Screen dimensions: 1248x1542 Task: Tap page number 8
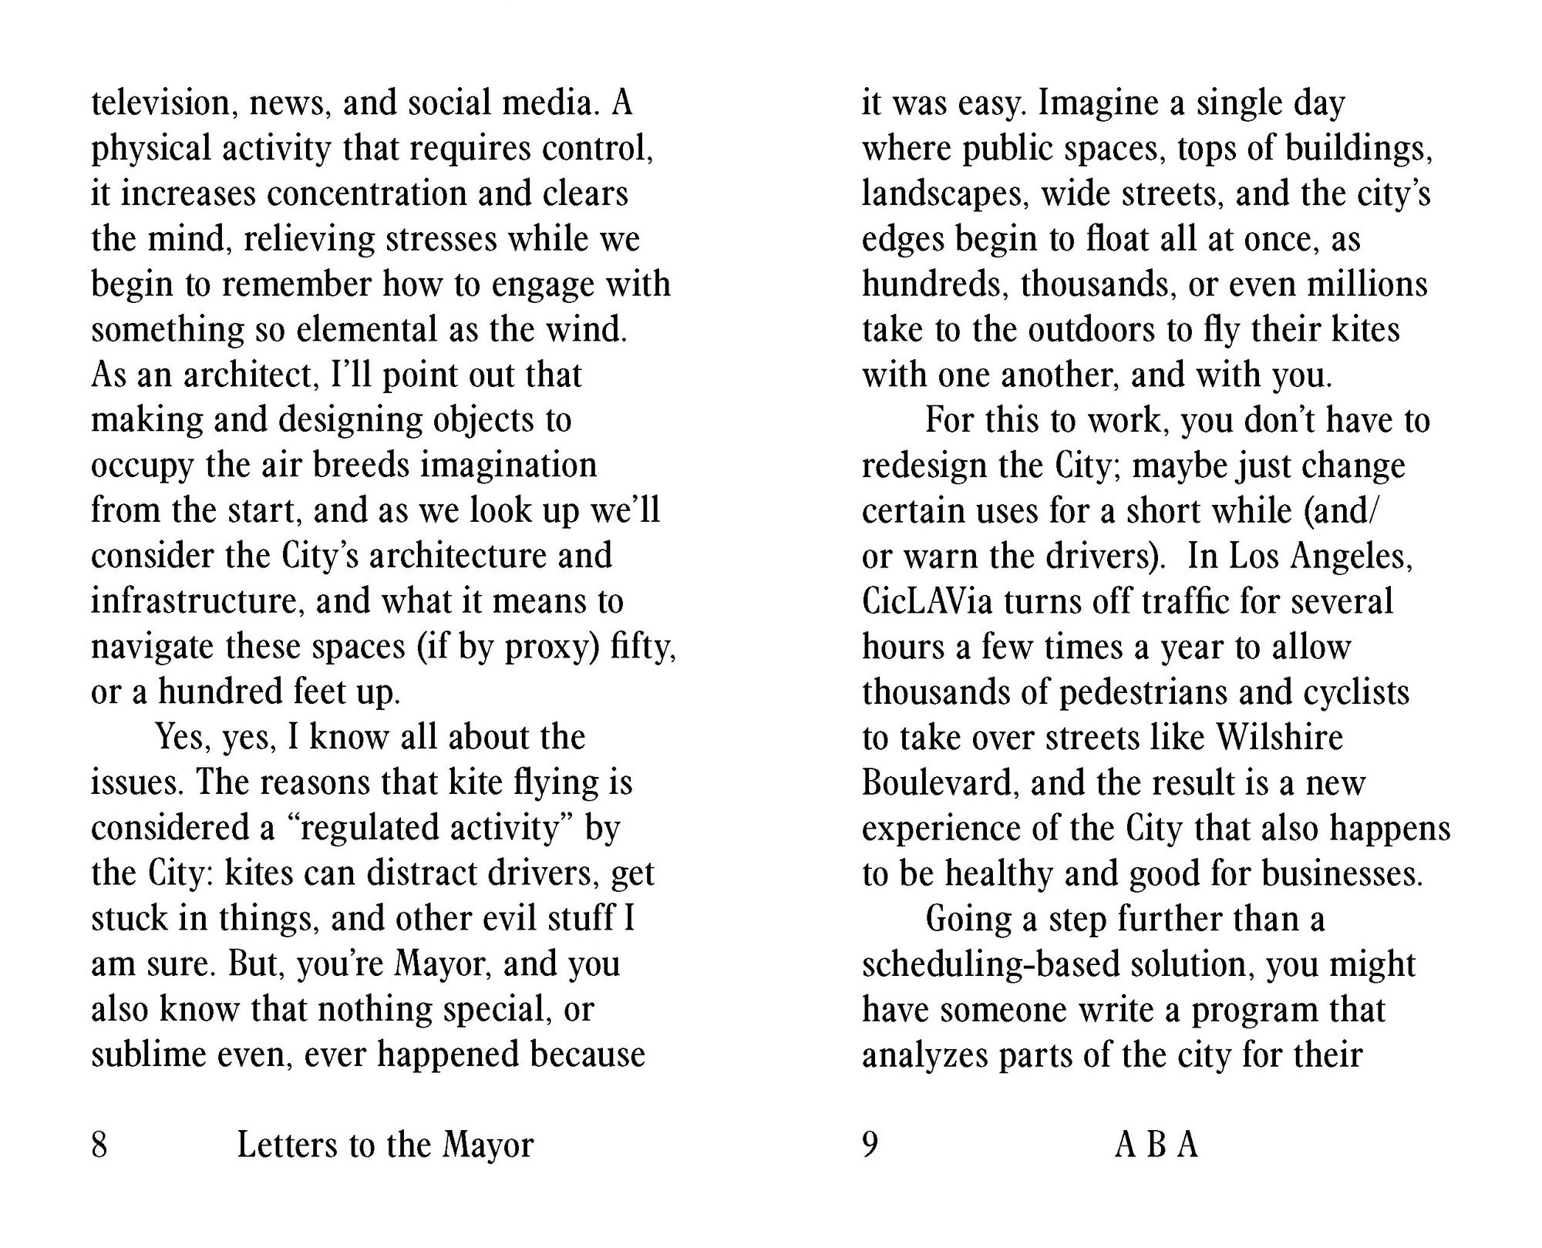(99, 1145)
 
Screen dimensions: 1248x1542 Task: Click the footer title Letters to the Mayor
(385, 1145)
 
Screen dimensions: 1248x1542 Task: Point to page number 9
(870, 1145)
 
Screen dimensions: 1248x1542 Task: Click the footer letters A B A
(1156, 1145)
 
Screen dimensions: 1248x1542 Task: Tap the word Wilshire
(1279, 738)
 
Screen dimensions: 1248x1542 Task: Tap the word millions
(1367, 284)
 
